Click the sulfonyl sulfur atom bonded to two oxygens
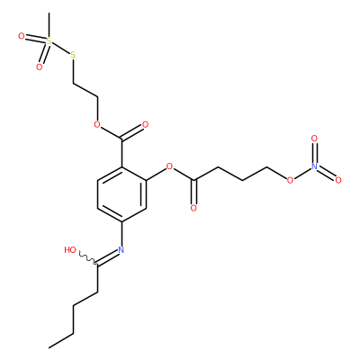click(x=49, y=40)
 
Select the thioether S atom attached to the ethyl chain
click(x=73, y=55)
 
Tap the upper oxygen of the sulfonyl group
click(x=21, y=37)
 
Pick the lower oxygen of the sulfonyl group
click(x=39, y=67)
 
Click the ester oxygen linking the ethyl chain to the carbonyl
click(x=96, y=124)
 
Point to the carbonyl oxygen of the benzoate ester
click(x=146, y=124)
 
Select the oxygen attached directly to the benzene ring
click(x=170, y=166)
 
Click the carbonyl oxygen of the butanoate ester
click(x=193, y=208)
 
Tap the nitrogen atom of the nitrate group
click(x=314, y=166)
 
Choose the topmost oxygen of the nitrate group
click(x=314, y=139)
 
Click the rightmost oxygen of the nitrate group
click(x=338, y=180)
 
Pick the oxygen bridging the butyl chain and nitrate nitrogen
click(x=290, y=180)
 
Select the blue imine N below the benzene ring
click(x=121, y=249)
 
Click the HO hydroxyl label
click(x=70, y=250)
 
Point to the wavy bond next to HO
click(x=87, y=258)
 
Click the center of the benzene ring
click(x=121, y=194)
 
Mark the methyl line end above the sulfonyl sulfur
click(x=49, y=13)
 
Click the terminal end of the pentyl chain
click(x=49, y=347)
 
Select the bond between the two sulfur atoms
click(x=60, y=48)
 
